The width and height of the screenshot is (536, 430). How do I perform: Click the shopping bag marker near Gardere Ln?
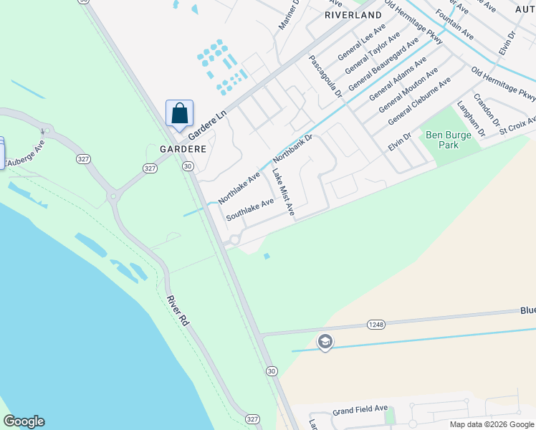(x=179, y=114)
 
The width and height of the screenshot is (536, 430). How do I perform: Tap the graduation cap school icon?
(x=325, y=342)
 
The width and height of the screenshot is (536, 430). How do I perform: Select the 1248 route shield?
(x=375, y=324)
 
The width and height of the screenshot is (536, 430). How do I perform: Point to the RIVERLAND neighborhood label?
(x=353, y=14)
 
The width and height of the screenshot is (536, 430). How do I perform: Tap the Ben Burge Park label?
(x=441, y=140)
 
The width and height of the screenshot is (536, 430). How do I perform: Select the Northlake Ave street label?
(x=239, y=188)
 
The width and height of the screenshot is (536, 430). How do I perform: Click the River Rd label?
(x=177, y=311)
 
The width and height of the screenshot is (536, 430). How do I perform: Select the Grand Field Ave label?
(x=359, y=412)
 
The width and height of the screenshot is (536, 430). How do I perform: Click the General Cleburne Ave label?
(x=418, y=102)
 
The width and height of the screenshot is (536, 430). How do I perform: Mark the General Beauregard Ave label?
(x=383, y=65)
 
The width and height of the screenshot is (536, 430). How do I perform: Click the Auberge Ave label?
(x=27, y=155)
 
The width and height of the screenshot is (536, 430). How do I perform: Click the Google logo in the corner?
(x=24, y=421)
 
